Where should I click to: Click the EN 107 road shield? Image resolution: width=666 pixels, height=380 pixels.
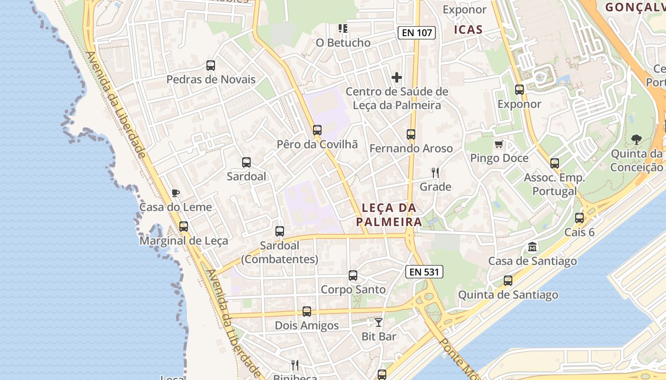(x=417, y=33)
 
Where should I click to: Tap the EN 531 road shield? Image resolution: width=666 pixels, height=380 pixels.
(x=424, y=272)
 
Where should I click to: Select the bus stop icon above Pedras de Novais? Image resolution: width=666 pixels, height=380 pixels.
(x=211, y=66)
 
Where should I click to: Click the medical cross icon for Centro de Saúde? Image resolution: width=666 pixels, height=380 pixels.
(x=397, y=77)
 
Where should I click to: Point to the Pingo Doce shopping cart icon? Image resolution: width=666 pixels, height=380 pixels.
(x=499, y=144)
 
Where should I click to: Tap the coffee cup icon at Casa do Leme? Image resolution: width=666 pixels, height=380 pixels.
(x=176, y=193)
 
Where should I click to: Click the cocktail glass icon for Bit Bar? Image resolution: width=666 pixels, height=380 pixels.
(x=379, y=323)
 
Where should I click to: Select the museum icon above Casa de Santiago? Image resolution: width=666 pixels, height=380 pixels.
(x=532, y=247)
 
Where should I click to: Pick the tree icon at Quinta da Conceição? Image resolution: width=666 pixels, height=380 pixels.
(x=637, y=139)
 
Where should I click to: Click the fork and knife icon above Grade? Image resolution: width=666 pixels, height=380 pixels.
(x=435, y=172)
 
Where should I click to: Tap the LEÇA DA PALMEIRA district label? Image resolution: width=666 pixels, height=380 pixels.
(x=389, y=215)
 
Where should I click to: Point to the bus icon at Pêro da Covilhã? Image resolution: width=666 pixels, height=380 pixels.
(x=317, y=130)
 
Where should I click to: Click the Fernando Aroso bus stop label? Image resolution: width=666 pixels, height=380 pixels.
(x=411, y=149)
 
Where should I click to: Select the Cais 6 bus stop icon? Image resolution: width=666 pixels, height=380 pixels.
(x=579, y=218)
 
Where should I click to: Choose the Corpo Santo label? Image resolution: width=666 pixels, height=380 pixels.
(x=353, y=290)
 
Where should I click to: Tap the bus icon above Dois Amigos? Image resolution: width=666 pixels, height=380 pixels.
(x=307, y=312)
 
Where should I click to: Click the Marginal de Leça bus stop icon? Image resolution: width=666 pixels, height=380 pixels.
(x=184, y=227)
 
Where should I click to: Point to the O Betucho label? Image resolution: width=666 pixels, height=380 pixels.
(x=343, y=43)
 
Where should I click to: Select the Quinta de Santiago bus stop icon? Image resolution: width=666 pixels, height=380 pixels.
(x=508, y=281)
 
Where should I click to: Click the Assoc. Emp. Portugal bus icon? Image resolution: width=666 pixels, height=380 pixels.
(x=555, y=163)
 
